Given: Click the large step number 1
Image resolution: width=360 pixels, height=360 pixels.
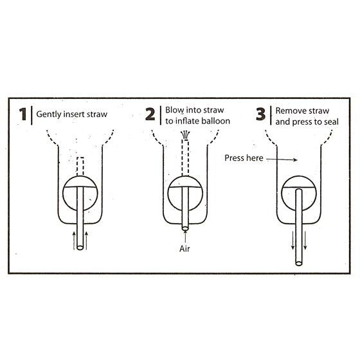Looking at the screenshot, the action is pos(23,114).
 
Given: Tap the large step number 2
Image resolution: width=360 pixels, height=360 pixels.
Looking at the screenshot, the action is pos(150,114).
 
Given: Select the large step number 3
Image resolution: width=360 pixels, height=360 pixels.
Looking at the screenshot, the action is pos(260,114).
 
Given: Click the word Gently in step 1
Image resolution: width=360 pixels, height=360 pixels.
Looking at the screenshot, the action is pos(49,114).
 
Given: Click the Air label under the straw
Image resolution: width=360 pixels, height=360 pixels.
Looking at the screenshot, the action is pos(184,249).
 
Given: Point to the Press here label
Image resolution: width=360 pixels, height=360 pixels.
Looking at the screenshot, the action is pos(244,158).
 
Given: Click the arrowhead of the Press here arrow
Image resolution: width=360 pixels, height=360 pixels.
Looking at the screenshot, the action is pos(296,160).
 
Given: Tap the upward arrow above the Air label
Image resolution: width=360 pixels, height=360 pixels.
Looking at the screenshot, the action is pos(185,236).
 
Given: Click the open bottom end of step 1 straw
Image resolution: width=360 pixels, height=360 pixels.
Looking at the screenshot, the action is pos(80,248).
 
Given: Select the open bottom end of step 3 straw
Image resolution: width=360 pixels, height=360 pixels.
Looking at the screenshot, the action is pos(299,264).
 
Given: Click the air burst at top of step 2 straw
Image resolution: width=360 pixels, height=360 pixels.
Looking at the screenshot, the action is pos(186,134).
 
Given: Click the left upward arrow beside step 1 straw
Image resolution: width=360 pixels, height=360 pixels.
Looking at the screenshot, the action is pos(74,240).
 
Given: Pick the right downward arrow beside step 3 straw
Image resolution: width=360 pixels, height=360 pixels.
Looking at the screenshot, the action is pos(305,240).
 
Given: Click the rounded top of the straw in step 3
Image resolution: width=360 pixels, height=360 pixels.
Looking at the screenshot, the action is pos(299,190).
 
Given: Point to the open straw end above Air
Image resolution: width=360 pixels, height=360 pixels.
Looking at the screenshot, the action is pos(185,228).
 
